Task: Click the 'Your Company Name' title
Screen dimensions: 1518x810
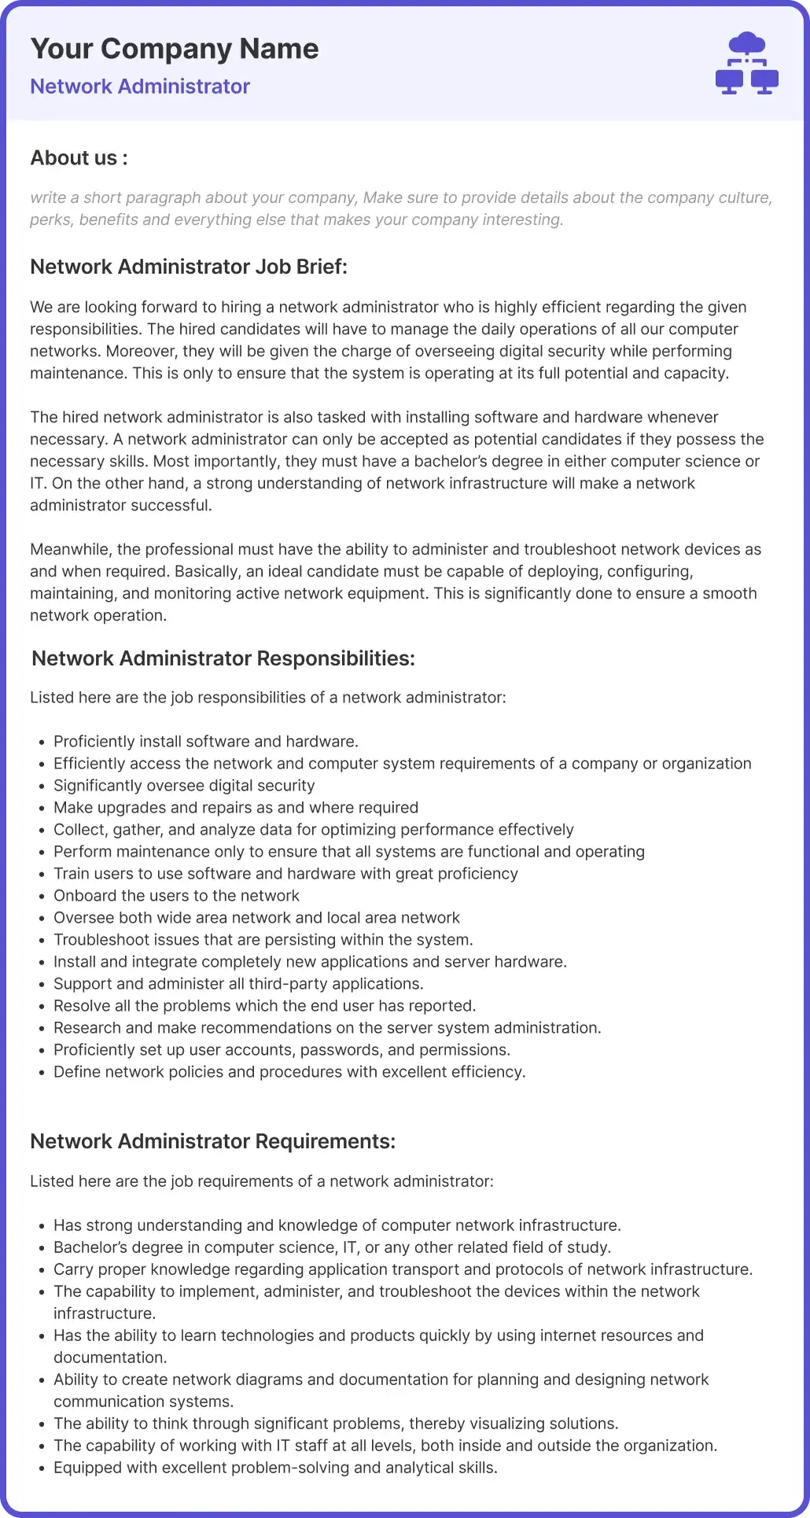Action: [174, 49]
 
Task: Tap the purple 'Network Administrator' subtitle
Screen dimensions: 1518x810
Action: [140, 87]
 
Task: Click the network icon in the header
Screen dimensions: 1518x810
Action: [746, 64]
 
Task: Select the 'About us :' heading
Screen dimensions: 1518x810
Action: [79, 158]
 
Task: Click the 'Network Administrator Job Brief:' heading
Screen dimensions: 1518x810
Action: [189, 267]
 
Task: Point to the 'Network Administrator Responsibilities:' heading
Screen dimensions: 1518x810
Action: [223, 658]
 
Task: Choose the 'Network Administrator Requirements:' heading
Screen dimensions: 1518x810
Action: [212, 1141]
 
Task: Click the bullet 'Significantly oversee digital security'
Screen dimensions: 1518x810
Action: [184, 786]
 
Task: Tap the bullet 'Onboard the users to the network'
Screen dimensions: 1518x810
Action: [176, 896]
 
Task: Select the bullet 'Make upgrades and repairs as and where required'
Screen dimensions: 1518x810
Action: [236, 808]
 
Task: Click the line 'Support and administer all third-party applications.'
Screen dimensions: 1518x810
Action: [238, 984]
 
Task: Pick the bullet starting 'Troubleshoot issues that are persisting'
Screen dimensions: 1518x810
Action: [263, 940]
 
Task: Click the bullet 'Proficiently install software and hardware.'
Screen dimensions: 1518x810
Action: [206, 742]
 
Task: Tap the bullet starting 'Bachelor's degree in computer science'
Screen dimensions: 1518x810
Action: [332, 1247]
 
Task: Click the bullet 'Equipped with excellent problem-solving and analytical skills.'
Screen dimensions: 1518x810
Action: [275, 1468]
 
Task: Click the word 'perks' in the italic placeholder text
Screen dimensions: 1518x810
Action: [50, 220]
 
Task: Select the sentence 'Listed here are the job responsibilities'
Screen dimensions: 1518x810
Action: [267, 698]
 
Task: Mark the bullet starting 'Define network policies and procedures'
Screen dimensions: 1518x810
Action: [289, 1072]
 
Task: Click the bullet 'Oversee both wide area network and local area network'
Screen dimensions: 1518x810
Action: [256, 918]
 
